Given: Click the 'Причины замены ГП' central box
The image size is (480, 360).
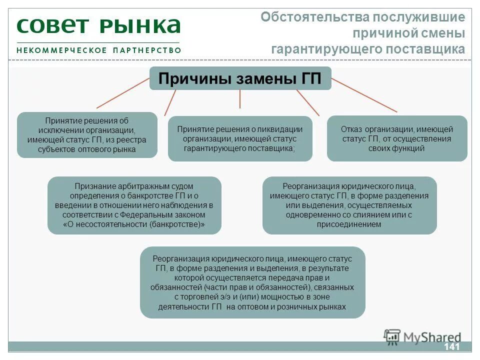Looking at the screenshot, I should (x=240, y=78).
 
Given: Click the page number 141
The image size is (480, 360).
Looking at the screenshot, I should (x=451, y=347).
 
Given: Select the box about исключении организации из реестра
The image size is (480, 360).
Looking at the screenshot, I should (x=87, y=135).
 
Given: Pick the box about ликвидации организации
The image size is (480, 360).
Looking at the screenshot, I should (x=240, y=138).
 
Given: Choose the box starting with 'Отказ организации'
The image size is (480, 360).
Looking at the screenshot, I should (x=397, y=138).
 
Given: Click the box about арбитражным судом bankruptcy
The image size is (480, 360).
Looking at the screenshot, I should (x=134, y=205).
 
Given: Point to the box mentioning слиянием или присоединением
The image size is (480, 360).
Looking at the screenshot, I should (x=349, y=205).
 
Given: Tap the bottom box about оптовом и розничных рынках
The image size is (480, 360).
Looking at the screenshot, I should (x=252, y=282).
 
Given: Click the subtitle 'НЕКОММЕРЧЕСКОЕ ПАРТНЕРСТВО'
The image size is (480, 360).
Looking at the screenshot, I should (x=98, y=50).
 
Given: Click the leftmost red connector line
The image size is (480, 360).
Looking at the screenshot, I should (x=122, y=93).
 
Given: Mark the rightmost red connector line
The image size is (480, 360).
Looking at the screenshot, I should (x=364, y=95).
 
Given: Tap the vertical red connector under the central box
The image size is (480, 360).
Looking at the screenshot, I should (x=240, y=99).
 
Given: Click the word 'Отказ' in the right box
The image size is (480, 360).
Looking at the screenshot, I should (x=350, y=129).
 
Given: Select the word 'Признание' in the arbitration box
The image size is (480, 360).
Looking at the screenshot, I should (x=92, y=186).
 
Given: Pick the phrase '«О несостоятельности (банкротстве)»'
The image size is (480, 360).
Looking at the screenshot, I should (x=134, y=224).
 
